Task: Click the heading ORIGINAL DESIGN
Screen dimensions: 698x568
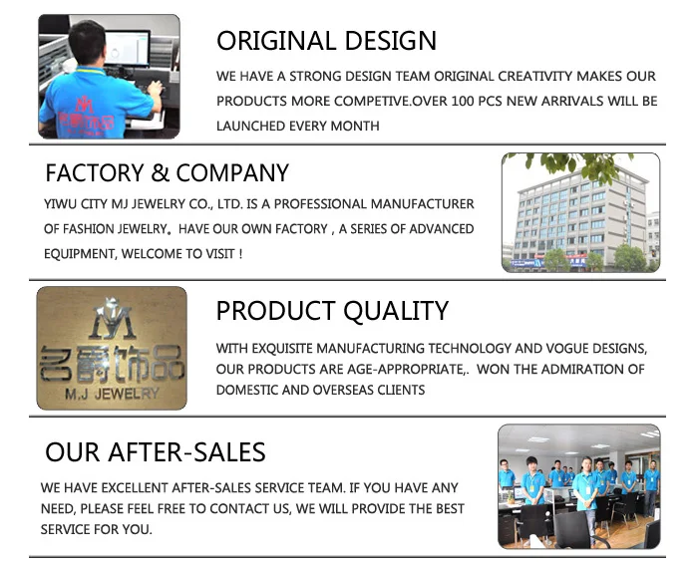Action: [x=326, y=41]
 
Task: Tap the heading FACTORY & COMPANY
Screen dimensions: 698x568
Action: [x=167, y=172]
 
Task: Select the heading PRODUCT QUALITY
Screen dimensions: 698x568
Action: [x=332, y=311]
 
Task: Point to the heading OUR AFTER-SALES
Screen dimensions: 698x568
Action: [x=156, y=452]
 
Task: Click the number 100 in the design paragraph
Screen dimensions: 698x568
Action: [x=463, y=101]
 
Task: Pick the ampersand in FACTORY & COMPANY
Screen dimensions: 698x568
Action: [x=160, y=173]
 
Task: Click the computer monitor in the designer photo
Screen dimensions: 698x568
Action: [x=127, y=49]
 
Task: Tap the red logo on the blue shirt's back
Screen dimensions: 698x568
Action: [x=86, y=114]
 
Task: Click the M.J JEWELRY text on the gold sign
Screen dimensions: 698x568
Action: [x=112, y=394]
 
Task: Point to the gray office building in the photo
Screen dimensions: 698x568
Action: [x=581, y=218]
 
